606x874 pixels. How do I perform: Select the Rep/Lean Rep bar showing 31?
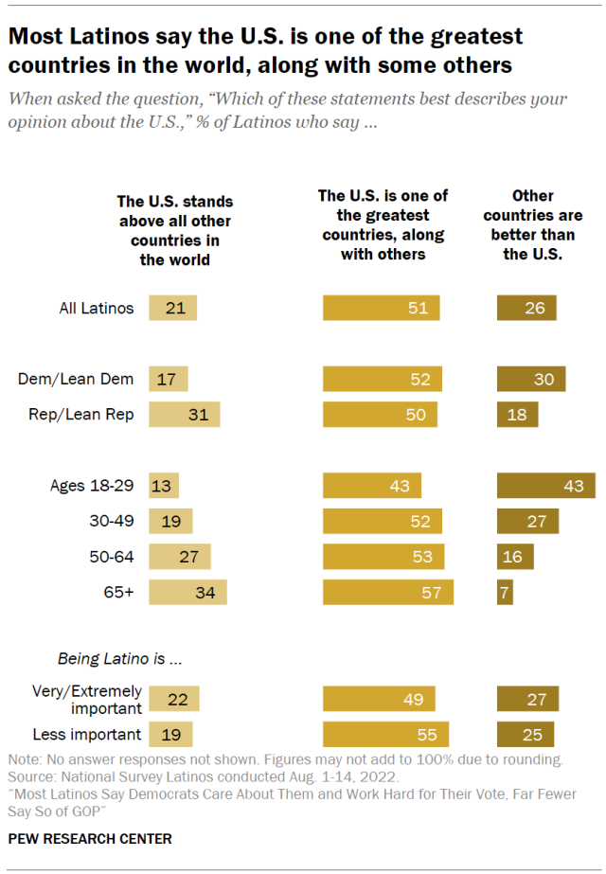coord(184,415)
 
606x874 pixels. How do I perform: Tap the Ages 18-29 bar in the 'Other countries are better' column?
coord(545,486)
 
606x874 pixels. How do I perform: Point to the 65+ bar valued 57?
coord(387,593)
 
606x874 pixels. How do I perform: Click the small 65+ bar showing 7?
coord(505,593)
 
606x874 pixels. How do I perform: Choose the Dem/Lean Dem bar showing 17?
coord(168,379)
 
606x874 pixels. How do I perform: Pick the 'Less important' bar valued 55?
coord(385,735)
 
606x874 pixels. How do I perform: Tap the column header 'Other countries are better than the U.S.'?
coord(533,224)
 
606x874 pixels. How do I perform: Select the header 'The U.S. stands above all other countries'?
coord(174,230)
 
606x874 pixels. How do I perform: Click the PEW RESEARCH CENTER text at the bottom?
coord(91,839)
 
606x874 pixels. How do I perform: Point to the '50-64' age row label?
coord(113,557)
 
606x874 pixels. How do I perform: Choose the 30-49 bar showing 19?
coord(170,522)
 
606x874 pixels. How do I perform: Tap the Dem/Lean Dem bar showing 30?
coord(530,379)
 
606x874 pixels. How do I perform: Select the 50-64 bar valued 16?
coord(515,557)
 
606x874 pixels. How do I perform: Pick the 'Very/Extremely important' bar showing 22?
coord(173,699)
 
